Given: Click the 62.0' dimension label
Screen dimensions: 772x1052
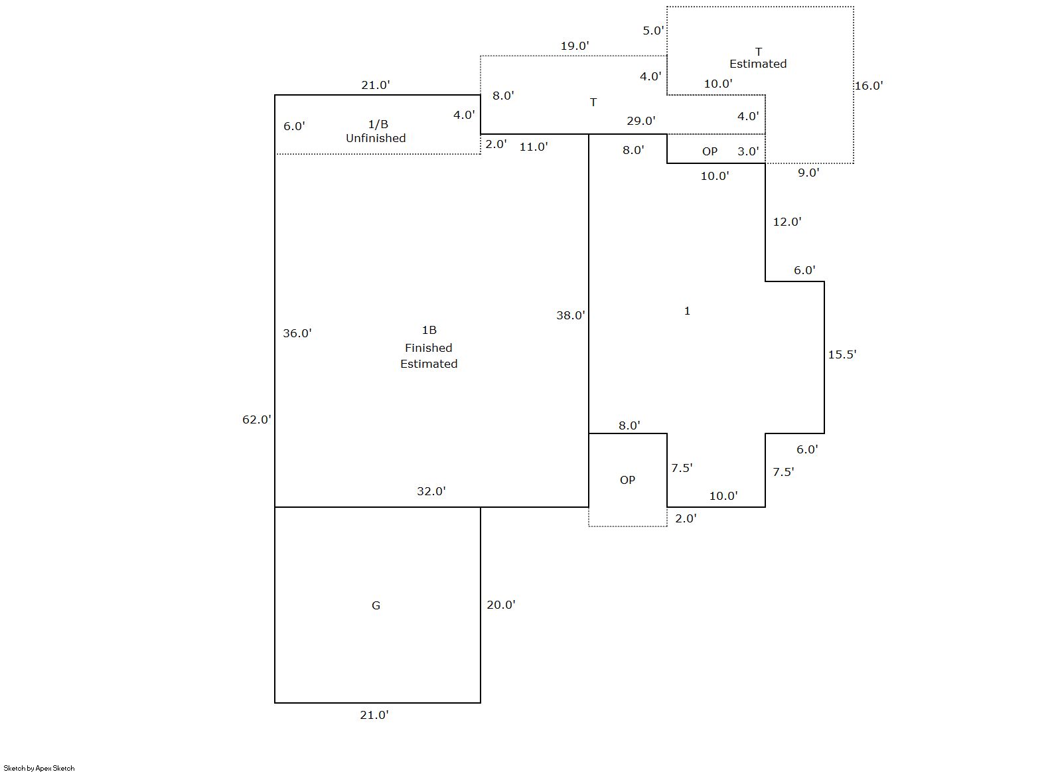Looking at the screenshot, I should [256, 420].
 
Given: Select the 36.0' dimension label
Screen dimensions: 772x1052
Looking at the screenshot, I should [297, 333].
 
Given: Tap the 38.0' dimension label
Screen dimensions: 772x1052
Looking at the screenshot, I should [570, 315].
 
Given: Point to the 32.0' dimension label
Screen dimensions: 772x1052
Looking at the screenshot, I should [431, 491].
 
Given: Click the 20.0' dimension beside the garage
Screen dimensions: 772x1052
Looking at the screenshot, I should [500, 605].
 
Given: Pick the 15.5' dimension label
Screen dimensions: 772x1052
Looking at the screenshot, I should [842, 354].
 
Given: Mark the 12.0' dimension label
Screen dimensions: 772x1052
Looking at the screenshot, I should [787, 222].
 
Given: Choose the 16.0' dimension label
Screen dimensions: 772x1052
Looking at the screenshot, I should [868, 86].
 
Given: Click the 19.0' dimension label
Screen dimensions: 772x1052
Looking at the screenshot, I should [574, 46].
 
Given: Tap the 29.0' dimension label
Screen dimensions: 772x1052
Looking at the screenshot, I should [640, 121].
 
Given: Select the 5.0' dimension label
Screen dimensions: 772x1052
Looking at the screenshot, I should [652, 31].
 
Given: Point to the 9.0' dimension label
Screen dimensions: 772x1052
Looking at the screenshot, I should [808, 173].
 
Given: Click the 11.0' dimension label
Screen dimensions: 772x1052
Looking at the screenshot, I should [533, 147].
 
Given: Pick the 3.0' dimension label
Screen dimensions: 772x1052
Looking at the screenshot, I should [747, 151].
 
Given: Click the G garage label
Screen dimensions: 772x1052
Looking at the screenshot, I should [376, 605].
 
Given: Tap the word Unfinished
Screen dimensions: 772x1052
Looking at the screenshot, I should [376, 138].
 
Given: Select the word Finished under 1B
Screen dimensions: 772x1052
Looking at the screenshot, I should [428, 348].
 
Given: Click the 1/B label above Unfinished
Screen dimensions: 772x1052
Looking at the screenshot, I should [378, 124].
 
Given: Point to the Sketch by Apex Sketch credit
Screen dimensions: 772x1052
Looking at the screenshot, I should [39, 768].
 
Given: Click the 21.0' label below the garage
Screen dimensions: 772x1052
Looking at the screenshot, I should [374, 715].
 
